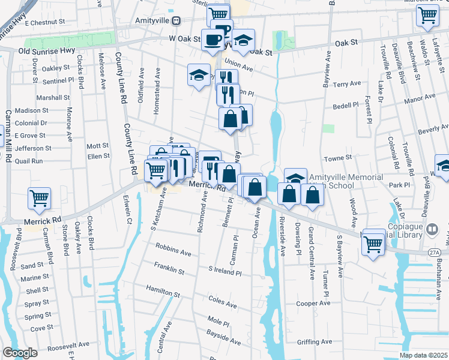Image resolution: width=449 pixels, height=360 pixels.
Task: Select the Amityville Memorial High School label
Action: click(345, 182)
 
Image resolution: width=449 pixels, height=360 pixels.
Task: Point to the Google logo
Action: click(20, 353)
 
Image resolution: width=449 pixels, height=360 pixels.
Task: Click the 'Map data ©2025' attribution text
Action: click(424, 355)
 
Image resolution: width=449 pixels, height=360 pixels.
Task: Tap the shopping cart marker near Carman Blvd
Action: click(39, 197)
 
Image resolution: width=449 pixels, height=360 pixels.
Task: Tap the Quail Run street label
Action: click(29, 161)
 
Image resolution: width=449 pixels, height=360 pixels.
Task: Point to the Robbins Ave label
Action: click(173, 250)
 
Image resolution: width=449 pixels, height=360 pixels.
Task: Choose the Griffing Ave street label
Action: click(315, 342)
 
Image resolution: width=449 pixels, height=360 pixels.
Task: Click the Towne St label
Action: click(338, 158)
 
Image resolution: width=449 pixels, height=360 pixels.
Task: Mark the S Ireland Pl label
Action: click(224, 272)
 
